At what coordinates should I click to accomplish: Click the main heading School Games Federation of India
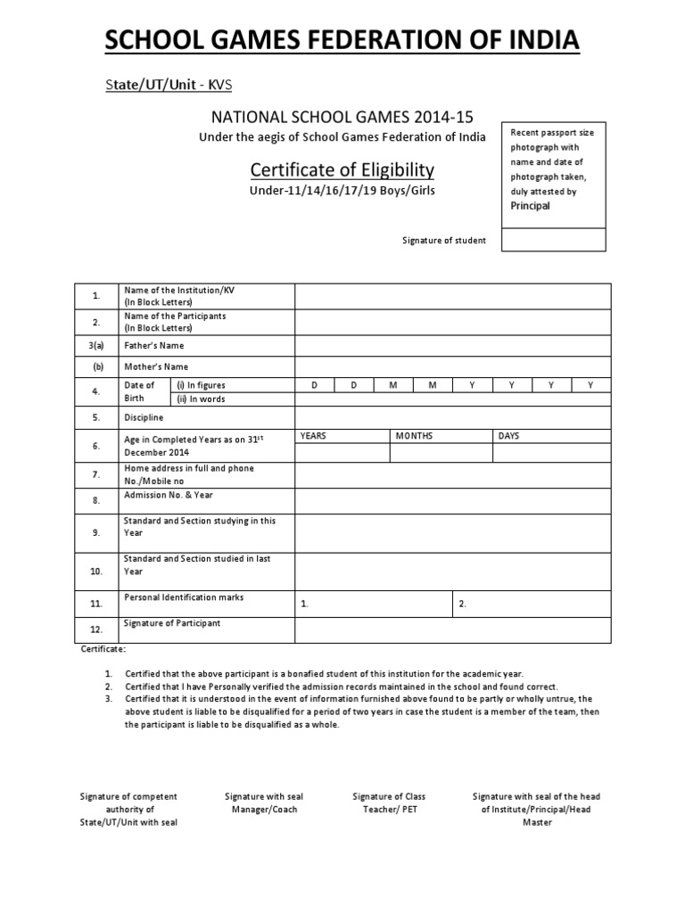tap(342, 40)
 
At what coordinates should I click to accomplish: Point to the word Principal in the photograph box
tap(530, 206)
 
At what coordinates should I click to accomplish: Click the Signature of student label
tap(442, 241)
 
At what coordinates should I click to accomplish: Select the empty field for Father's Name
tap(452, 346)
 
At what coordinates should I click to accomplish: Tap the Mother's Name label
tap(156, 366)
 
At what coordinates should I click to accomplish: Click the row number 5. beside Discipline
tap(95, 416)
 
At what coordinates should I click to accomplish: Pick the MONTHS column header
tap(415, 436)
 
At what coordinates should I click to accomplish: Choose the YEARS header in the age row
tap(315, 436)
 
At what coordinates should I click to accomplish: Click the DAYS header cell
tap(509, 436)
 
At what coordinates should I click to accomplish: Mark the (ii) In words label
tap(201, 399)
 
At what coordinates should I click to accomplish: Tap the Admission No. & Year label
tap(169, 495)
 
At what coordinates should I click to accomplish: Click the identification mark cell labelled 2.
tap(532, 604)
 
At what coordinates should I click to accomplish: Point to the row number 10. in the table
tap(95, 571)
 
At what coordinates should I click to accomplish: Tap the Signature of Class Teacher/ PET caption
tap(389, 802)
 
